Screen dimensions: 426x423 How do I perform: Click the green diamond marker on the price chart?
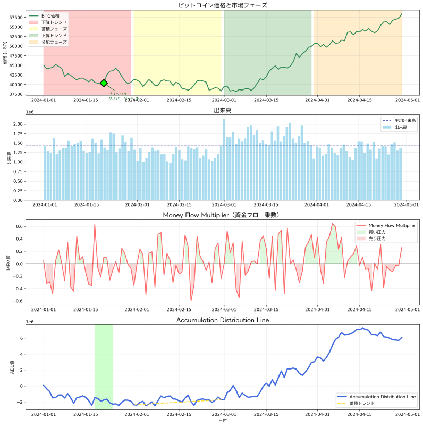coord(104,83)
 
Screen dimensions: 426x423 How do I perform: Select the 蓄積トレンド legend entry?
coord(362,403)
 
